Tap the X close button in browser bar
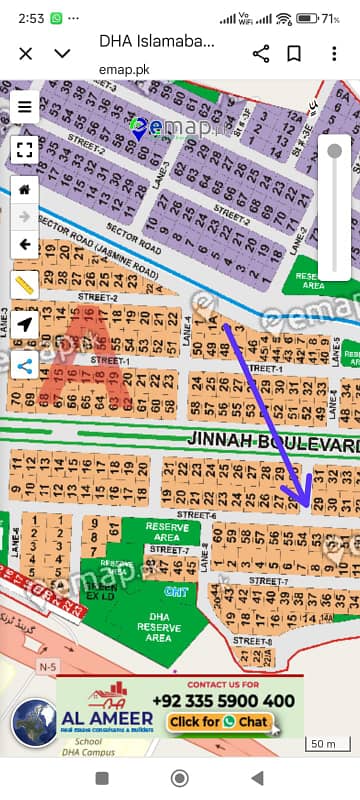tap(25, 53)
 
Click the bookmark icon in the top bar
tap(294, 53)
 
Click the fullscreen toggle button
tap(25, 150)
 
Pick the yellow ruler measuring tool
tap(25, 284)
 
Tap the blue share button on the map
tap(25, 365)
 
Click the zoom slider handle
tap(334, 151)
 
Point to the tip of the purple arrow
tap(309, 500)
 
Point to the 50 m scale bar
tap(323, 743)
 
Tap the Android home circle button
tap(180, 778)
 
